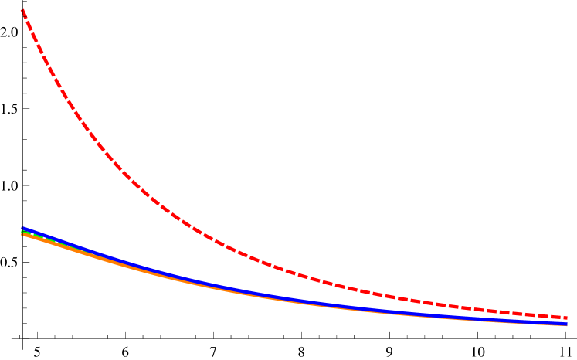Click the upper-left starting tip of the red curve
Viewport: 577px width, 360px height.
[x=23, y=11]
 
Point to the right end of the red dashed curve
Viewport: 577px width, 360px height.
[x=566, y=318]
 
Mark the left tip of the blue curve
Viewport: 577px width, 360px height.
[x=22, y=228]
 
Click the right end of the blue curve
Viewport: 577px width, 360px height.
[x=567, y=324]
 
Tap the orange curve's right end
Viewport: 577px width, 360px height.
[x=567, y=326]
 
